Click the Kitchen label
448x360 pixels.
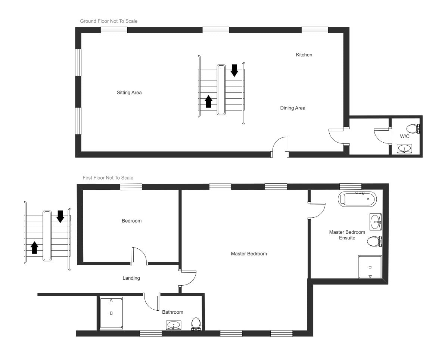pyautogui.click(x=304, y=55)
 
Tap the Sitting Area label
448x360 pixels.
pyautogui.click(x=129, y=93)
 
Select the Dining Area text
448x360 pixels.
pyautogui.click(x=293, y=108)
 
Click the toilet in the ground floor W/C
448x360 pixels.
pyautogui.click(x=413, y=129)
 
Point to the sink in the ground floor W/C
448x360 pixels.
pyautogui.click(x=404, y=149)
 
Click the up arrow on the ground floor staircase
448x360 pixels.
pyautogui.click(x=209, y=101)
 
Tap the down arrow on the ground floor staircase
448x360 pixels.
pyautogui.click(x=234, y=70)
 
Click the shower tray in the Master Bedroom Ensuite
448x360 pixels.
pyautogui.click(x=370, y=267)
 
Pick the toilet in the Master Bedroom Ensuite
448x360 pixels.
pyautogui.click(x=374, y=242)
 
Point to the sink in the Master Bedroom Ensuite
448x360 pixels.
pyautogui.click(x=375, y=222)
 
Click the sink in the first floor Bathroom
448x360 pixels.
pyautogui.click(x=174, y=326)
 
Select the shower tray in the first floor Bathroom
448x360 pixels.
pyautogui.click(x=111, y=313)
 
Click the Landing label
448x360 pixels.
pyautogui.click(x=131, y=278)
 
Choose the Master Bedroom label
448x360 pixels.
pyautogui.click(x=249, y=254)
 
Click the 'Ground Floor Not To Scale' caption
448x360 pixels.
pyautogui.click(x=109, y=21)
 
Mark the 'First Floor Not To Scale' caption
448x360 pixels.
pyautogui.click(x=108, y=178)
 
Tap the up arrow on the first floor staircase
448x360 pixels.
pyautogui.click(x=35, y=247)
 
